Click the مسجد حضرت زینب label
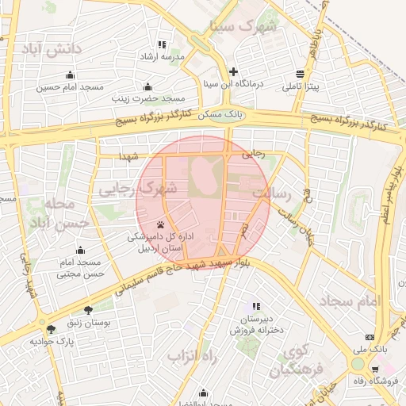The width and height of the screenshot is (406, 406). (147, 99)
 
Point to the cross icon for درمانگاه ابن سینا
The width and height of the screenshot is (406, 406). (232, 71)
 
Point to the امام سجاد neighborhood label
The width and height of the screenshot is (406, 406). (350, 301)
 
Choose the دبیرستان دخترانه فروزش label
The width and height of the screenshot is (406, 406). (256, 324)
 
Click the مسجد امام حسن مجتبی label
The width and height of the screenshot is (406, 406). (80, 268)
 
